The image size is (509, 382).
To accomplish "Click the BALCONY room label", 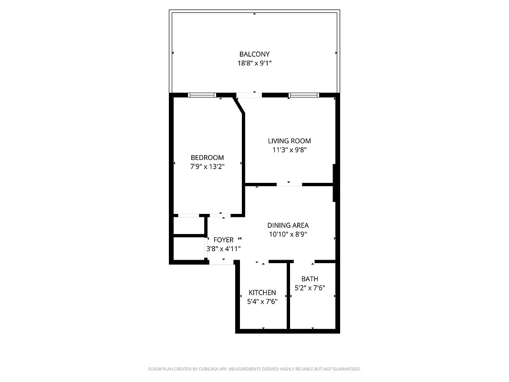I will pyautogui.click(x=254, y=54).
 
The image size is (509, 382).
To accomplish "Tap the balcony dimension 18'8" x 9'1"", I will pyautogui.click(x=254, y=63).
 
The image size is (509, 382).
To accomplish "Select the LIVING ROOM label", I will pyautogui.click(x=289, y=141).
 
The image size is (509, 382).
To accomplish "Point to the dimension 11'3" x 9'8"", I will pyautogui.click(x=289, y=149).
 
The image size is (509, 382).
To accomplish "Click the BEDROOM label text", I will pyautogui.click(x=207, y=158).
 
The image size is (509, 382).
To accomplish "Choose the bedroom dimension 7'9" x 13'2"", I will pyautogui.click(x=207, y=167).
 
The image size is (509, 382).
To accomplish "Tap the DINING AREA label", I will pyautogui.click(x=288, y=225).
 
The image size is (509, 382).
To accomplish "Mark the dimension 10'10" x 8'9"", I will pyautogui.click(x=288, y=234).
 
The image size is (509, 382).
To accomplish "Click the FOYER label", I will pyautogui.click(x=223, y=240).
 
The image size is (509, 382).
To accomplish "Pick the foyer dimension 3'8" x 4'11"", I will pyautogui.click(x=223, y=249).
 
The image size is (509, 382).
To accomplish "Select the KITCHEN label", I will pyautogui.click(x=262, y=293).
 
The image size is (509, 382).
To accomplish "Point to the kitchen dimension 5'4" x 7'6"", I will pyautogui.click(x=262, y=301).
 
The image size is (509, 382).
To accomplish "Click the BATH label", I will pyautogui.click(x=310, y=279).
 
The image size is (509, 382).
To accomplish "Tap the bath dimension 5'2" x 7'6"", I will pyautogui.click(x=310, y=288).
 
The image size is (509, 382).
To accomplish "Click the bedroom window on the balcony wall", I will pyautogui.click(x=202, y=95).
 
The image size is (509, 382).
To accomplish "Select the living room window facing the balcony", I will pyautogui.click(x=303, y=95).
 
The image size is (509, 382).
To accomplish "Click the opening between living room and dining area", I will pyautogui.click(x=290, y=184).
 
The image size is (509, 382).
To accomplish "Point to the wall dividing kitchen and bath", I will pyautogui.click(x=288, y=296).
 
